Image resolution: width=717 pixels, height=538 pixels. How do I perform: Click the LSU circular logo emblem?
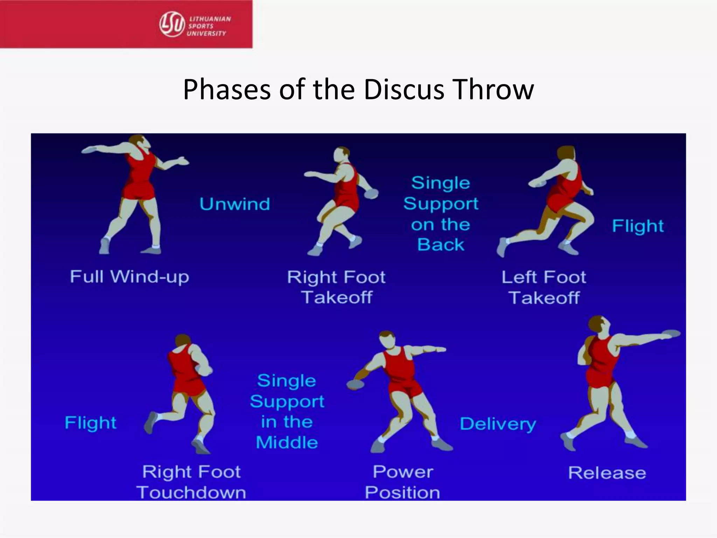tap(172, 24)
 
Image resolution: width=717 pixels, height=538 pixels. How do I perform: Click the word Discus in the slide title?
tap(404, 90)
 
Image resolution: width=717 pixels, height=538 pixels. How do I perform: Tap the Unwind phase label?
tap(235, 204)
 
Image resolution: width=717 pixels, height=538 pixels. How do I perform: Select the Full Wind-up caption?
tap(130, 277)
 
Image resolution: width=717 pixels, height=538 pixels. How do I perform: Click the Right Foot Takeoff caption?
tap(336, 287)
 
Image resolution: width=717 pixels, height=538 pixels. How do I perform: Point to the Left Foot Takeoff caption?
tap(544, 287)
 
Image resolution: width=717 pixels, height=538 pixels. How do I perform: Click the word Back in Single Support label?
tap(441, 244)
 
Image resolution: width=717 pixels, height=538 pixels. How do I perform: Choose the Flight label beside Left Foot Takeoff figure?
tap(638, 226)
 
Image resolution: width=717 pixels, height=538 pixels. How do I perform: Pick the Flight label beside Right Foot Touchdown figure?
tap(91, 423)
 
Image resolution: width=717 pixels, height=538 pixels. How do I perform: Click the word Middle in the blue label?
tap(287, 442)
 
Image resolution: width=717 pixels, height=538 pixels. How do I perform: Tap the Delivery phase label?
tap(498, 424)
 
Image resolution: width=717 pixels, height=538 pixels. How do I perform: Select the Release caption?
tap(607, 473)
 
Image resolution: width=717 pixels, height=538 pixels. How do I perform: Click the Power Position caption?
tap(403, 482)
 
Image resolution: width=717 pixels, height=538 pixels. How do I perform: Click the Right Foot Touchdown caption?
tap(191, 482)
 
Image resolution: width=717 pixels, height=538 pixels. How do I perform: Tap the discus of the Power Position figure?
tap(355, 385)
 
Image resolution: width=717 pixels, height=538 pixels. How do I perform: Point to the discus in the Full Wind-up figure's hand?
tap(90, 150)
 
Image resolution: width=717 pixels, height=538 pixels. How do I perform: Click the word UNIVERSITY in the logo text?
tap(207, 34)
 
